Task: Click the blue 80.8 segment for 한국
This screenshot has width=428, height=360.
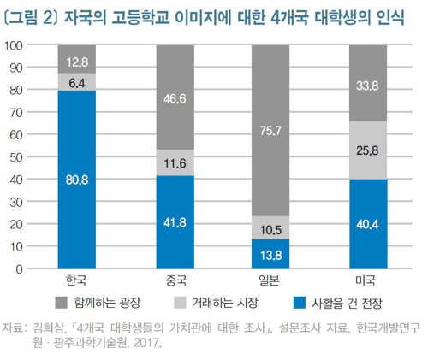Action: pyautogui.click(x=77, y=180)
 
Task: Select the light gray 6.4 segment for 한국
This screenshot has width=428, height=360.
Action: pyautogui.click(x=77, y=82)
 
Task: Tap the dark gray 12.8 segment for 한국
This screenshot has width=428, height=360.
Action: pyautogui.click(x=77, y=59)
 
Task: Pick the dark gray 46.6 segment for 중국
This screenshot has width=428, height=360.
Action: pyautogui.click(x=175, y=97)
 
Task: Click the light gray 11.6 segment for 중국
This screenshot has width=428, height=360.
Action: pyautogui.click(x=175, y=162)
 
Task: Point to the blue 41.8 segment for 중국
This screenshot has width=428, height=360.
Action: pyautogui.click(x=175, y=221)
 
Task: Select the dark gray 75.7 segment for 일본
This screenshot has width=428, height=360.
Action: pyautogui.click(x=270, y=130)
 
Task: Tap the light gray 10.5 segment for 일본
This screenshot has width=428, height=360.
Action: pyautogui.click(x=270, y=227)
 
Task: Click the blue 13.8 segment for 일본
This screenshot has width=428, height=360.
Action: pyautogui.click(x=270, y=254)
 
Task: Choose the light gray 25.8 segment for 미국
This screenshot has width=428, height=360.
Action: pyautogui.click(x=368, y=150)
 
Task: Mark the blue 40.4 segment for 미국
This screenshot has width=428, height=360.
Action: pyautogui.click(x=368, y=223)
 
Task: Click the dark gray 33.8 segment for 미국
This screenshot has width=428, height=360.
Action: pyautogui.click(x=368, y=83)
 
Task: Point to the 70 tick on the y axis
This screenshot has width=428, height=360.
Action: pyautogui.click(x=16, y=113)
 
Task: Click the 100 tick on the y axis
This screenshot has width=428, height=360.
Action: pyautogui.click(x=14, y=45)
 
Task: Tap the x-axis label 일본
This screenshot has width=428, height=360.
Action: pyautogui.click(x=269, y=280)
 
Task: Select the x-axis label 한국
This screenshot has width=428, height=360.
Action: pyautogui.click(x=76, y=280)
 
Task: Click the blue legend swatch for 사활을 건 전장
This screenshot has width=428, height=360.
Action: pyautogui.click(x=300, y=303)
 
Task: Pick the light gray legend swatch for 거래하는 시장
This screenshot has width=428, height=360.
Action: pyautogui.click(x=180, y=303)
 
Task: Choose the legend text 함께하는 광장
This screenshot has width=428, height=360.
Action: pyautogui.click(x=107, y=303)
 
